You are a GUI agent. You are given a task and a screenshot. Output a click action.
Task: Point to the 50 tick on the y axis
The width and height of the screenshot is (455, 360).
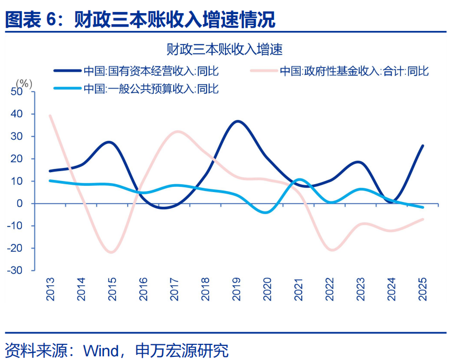17,92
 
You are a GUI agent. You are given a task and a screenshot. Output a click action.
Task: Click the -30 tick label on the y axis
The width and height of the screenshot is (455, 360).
15,271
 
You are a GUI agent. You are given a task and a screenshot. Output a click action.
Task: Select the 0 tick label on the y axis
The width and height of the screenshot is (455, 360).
21,204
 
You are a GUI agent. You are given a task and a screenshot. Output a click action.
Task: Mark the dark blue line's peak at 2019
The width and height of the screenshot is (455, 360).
237,121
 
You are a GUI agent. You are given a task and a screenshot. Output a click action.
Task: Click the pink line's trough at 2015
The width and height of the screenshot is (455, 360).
111,252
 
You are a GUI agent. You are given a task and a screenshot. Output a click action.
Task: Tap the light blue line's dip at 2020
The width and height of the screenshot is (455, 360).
267,212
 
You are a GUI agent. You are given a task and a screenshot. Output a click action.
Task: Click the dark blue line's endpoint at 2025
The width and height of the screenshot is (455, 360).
423,146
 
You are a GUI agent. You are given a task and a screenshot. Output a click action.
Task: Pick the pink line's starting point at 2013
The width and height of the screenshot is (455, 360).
50,116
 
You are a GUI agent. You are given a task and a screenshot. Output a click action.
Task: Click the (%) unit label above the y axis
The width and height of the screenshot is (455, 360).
24,83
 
